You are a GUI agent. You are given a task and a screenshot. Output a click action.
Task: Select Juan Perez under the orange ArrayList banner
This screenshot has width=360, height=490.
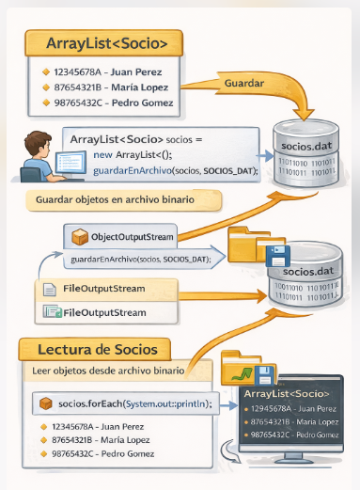click(98, 71)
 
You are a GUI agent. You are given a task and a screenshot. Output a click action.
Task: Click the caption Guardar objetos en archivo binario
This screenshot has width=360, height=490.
click(116, 200)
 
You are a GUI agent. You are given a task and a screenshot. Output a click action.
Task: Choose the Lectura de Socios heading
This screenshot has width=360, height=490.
click(90, 350)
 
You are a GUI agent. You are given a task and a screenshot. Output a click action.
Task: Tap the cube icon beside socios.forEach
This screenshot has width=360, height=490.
click(43, 403)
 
